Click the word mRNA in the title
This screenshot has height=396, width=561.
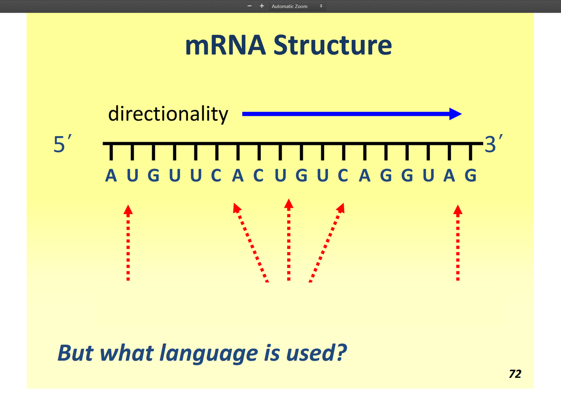[225, 45]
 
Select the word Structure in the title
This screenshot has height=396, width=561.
[333, 45]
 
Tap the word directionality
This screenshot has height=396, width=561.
[168, 114]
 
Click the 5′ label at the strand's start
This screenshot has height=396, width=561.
[62, 144]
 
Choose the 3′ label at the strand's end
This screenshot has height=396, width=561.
[493, 144]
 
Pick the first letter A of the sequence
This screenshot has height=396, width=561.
[111, 176]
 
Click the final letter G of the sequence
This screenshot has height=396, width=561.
[471, 176]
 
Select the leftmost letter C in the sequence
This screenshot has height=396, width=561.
[216, 176]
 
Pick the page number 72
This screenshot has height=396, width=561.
[515, 374]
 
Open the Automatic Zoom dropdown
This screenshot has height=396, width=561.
[297, 6]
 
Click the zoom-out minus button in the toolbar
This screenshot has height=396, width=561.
[249, 6]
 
